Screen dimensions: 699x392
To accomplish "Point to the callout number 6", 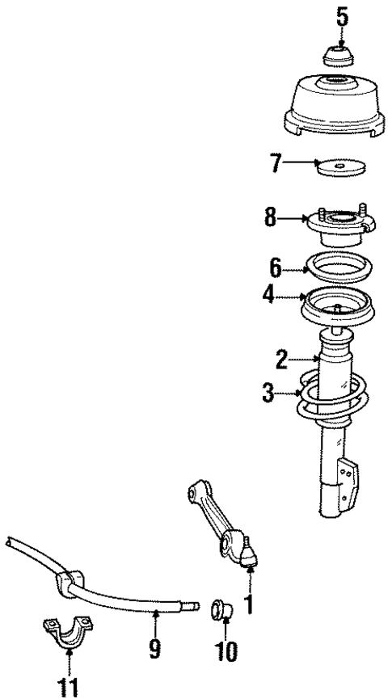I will pyautogui.click(x=275, y=267).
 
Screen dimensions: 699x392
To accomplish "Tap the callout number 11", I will pyautogui.click(x=67, y=687).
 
